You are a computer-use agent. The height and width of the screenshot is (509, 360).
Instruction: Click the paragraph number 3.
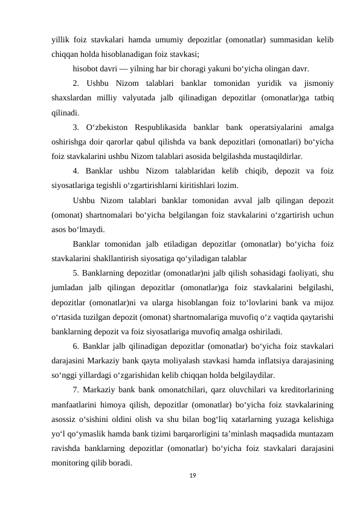[x=76, y=127]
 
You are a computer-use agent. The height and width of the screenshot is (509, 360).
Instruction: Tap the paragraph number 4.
[x=76, y=170]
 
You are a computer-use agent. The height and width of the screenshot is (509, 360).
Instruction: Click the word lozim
[x=227, y=185]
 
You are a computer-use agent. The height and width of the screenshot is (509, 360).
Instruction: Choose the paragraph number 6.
[x=76, y=346]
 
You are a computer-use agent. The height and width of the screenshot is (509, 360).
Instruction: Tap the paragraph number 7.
[x=76, y=389]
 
